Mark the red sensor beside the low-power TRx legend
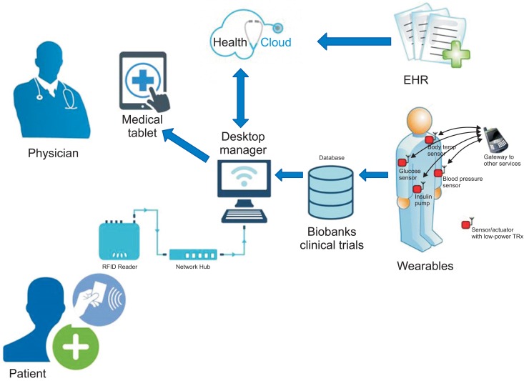pos(470,224)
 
